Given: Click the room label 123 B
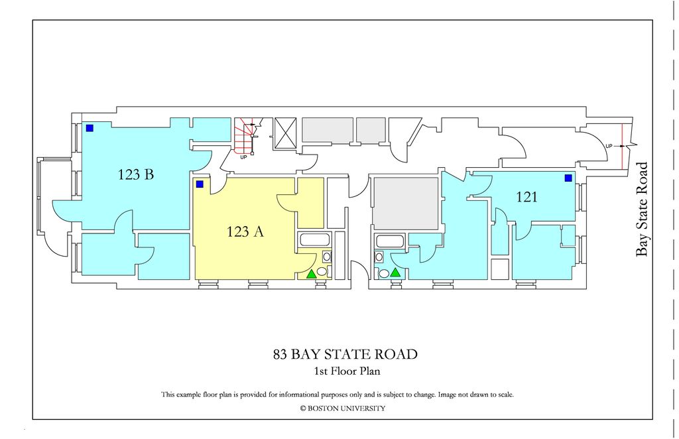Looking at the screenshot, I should point(136,175).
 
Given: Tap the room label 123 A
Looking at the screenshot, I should point(246,231).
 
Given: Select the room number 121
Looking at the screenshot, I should point(526,196).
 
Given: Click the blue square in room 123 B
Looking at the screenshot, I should point(89,128).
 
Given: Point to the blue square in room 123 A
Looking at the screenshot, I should point(199,184).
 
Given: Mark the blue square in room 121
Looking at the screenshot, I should point(568,178).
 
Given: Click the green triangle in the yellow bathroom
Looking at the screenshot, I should point(312,273).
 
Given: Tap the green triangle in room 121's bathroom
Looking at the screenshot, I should point(396,272).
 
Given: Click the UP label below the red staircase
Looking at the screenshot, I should point(243,158).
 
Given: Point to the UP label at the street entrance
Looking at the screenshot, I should point(609,146).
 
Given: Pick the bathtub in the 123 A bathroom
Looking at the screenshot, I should point(310,240).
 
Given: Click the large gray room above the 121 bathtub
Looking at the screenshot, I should point(405,203).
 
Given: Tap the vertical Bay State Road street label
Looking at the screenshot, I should point(641,209).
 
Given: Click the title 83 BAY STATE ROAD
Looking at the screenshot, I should point(345,354).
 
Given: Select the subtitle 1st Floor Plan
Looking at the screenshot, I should point(346,371).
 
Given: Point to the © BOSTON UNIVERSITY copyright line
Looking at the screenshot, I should point(342,408).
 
